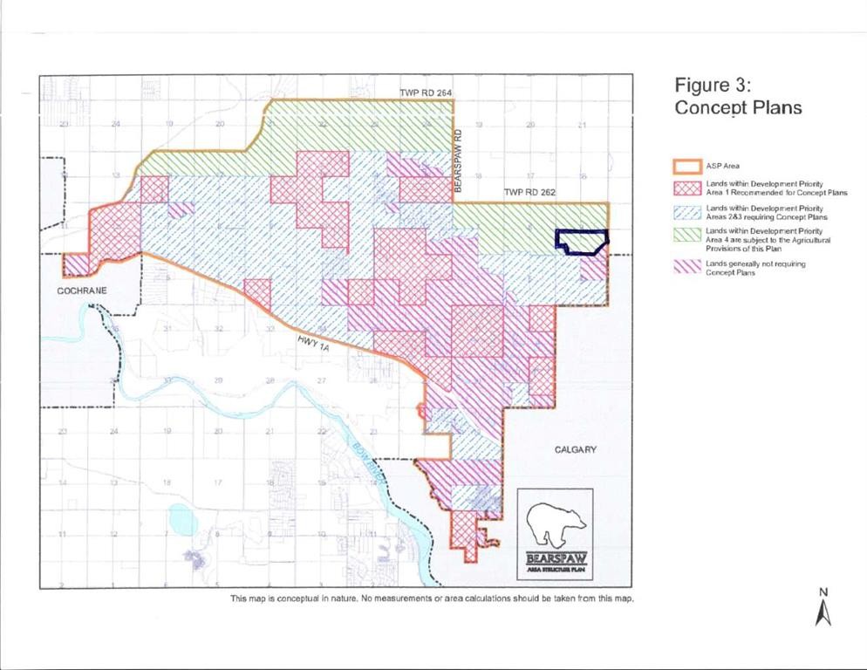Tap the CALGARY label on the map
[x=576, y=449]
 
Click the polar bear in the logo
[x=555, y=523]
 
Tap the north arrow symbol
[x=823, y=613]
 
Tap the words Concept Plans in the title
[x=738, y=108]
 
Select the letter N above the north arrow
[x=823, y=592]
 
